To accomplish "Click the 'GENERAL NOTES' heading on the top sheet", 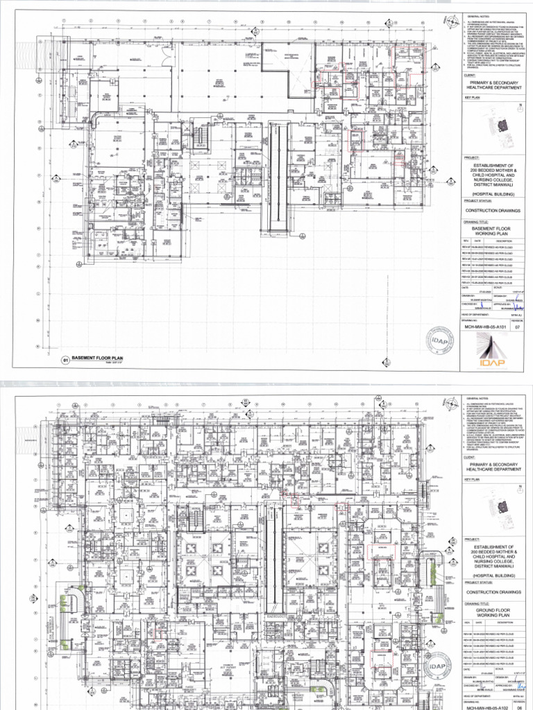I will pyautogui.click(x=478, y=15).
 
